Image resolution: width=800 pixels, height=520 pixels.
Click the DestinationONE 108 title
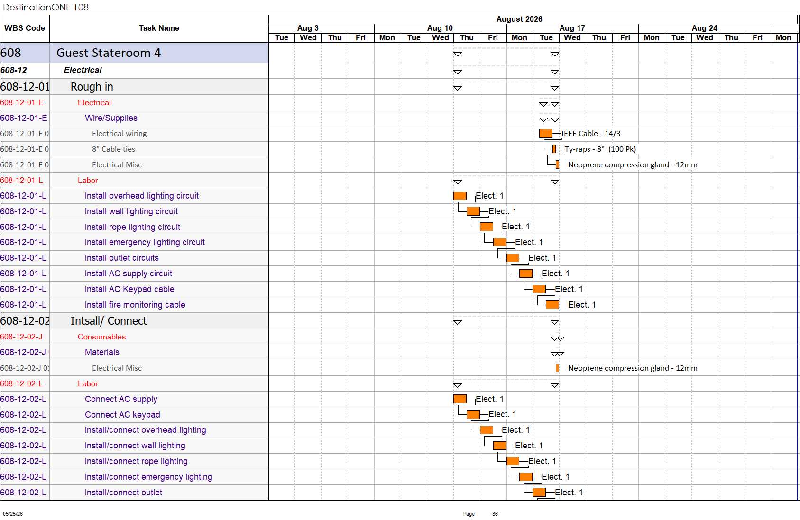[46, 7]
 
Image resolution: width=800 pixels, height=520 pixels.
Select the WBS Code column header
[25, 28]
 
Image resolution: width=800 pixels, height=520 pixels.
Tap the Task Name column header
[159, 28]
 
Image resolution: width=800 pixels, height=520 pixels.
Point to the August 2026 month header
[519, 19]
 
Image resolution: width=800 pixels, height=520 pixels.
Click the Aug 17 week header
[572, 28]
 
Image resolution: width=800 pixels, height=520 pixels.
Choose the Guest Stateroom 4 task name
[109, 53]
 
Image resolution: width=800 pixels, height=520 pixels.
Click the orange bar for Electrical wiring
[546, 134]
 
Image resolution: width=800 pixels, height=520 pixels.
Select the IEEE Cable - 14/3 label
[591, 134]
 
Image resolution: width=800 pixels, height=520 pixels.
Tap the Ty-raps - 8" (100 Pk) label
[600, 149]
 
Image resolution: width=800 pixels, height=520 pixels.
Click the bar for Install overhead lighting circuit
[460, 196]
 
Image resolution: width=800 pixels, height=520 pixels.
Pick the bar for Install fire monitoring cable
[552, 304]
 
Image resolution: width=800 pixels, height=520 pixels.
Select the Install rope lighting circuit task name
[132, 227]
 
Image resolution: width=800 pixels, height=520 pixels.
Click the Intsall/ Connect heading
[109, 321]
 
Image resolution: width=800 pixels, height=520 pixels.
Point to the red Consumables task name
[102, 337]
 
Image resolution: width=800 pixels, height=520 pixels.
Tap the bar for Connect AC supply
[460, 399]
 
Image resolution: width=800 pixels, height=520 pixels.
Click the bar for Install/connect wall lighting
[500, 446]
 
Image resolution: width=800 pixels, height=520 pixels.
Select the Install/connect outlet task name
[123, 493]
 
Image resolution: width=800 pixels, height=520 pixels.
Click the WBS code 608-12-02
[25, 321]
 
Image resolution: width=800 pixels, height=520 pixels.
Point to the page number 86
[495, 514]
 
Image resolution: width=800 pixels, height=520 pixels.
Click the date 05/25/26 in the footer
[13, 514]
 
